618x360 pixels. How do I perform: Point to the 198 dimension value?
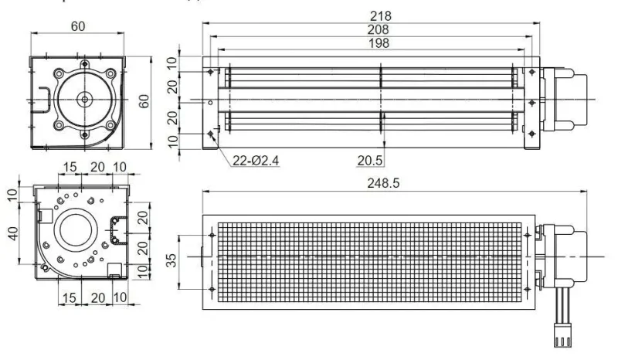(381, 43)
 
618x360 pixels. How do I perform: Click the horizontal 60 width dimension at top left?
(78, 26)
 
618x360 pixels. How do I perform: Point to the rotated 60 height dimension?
(144, 101)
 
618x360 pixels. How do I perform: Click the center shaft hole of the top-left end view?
(83, 98)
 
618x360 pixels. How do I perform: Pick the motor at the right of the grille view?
(562, 255)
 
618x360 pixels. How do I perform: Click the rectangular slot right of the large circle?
(119, 229)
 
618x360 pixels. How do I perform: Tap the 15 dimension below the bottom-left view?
(70, 297)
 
